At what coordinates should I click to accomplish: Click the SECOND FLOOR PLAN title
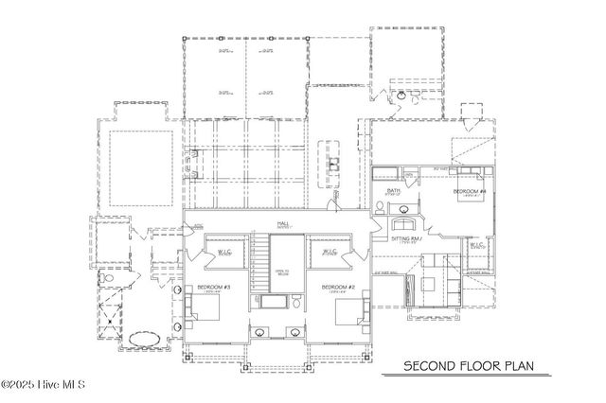click(457, 365)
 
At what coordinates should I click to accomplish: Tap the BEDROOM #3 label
click(215, 287)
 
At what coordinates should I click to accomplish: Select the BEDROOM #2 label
click(338, 287)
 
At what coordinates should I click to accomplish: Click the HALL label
click(282, 224)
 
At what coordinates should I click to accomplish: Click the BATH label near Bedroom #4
click(395, 191)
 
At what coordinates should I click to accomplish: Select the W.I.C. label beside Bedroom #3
click(224, 253)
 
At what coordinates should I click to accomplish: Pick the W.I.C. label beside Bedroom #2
click(330, 253)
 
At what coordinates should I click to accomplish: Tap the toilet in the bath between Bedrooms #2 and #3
click(296, 304)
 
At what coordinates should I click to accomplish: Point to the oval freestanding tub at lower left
click(144, 339)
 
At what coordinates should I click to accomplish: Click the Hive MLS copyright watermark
click(44, 384)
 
